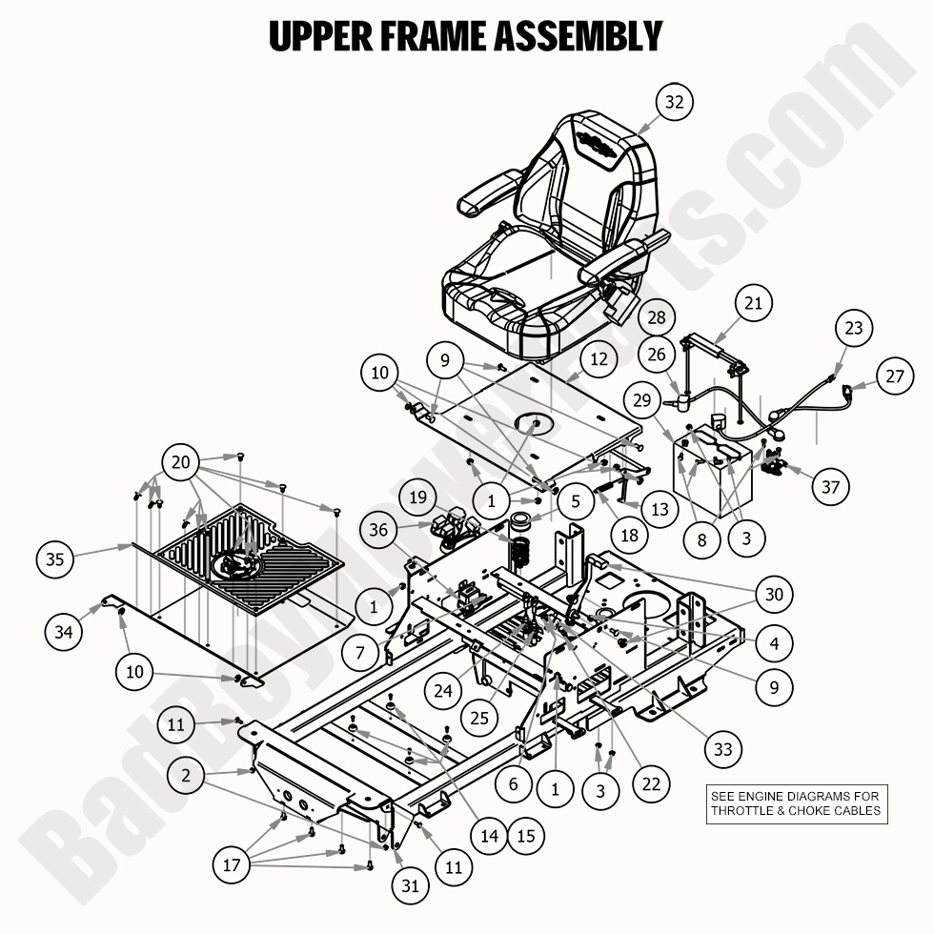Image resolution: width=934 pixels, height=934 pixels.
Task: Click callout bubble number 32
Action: coord(674,103)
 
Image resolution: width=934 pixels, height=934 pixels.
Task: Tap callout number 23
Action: coord(853,329)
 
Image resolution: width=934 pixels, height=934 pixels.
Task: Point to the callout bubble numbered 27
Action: coord(893,376)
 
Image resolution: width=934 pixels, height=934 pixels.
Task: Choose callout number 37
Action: coord(830,486)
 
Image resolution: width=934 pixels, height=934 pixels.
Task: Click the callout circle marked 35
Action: coord(55,558)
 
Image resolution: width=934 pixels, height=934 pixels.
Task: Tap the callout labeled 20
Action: coord(181,463)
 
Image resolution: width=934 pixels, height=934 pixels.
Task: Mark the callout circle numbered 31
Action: coord(410,885)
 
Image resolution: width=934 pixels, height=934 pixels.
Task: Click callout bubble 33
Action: coord(723,749)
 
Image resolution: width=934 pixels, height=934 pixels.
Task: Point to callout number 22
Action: coord(651,783)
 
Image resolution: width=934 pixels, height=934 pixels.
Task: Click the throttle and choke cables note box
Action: coord(796,803)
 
